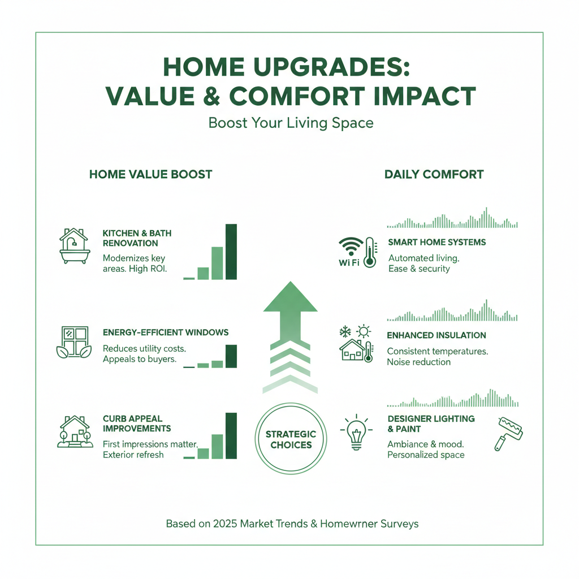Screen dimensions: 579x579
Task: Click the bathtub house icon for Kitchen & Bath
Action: pyautogui.click(x=75, y=245)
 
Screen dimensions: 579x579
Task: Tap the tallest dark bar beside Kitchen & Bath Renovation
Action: pyautogui.click(x=231, y=252)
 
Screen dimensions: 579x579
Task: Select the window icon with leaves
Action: pyautogui.click(x=74, y=342)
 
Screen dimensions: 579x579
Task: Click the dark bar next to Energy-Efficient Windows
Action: pyautogui.click(x=231, y=356)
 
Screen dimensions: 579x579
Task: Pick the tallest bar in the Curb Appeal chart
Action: pyautogui.click(x=231, y=436)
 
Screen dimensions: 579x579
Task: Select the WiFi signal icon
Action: pyautogui.click(x=351, y=247)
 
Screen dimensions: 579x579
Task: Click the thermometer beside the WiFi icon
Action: pyautogui.click(x=370, y=253)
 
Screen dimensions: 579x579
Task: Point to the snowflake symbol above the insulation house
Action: pyautogui.click(x=345, y=331)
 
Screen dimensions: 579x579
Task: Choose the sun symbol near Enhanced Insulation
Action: pyautogui.click(x=364, y=331)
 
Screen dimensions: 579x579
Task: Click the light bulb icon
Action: pyautogui.click(x=356, y=432)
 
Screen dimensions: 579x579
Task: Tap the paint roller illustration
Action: pyautogui.click(x=509, y=434)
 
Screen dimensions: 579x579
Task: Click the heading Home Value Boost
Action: pyautogui.click(x=150, y=174)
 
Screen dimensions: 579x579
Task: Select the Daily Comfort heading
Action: pyautogui.click(x=434, y=174)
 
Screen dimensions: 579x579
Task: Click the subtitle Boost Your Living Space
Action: pyautogui.click(x=291, y=123)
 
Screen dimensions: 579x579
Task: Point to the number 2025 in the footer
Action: pyautogui.click(x=225, y=524)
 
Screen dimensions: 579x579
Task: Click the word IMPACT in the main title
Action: pyautogui.click(x=424, y=96)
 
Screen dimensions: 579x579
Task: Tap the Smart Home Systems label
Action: pyautogui.click(x=437, y=242)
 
